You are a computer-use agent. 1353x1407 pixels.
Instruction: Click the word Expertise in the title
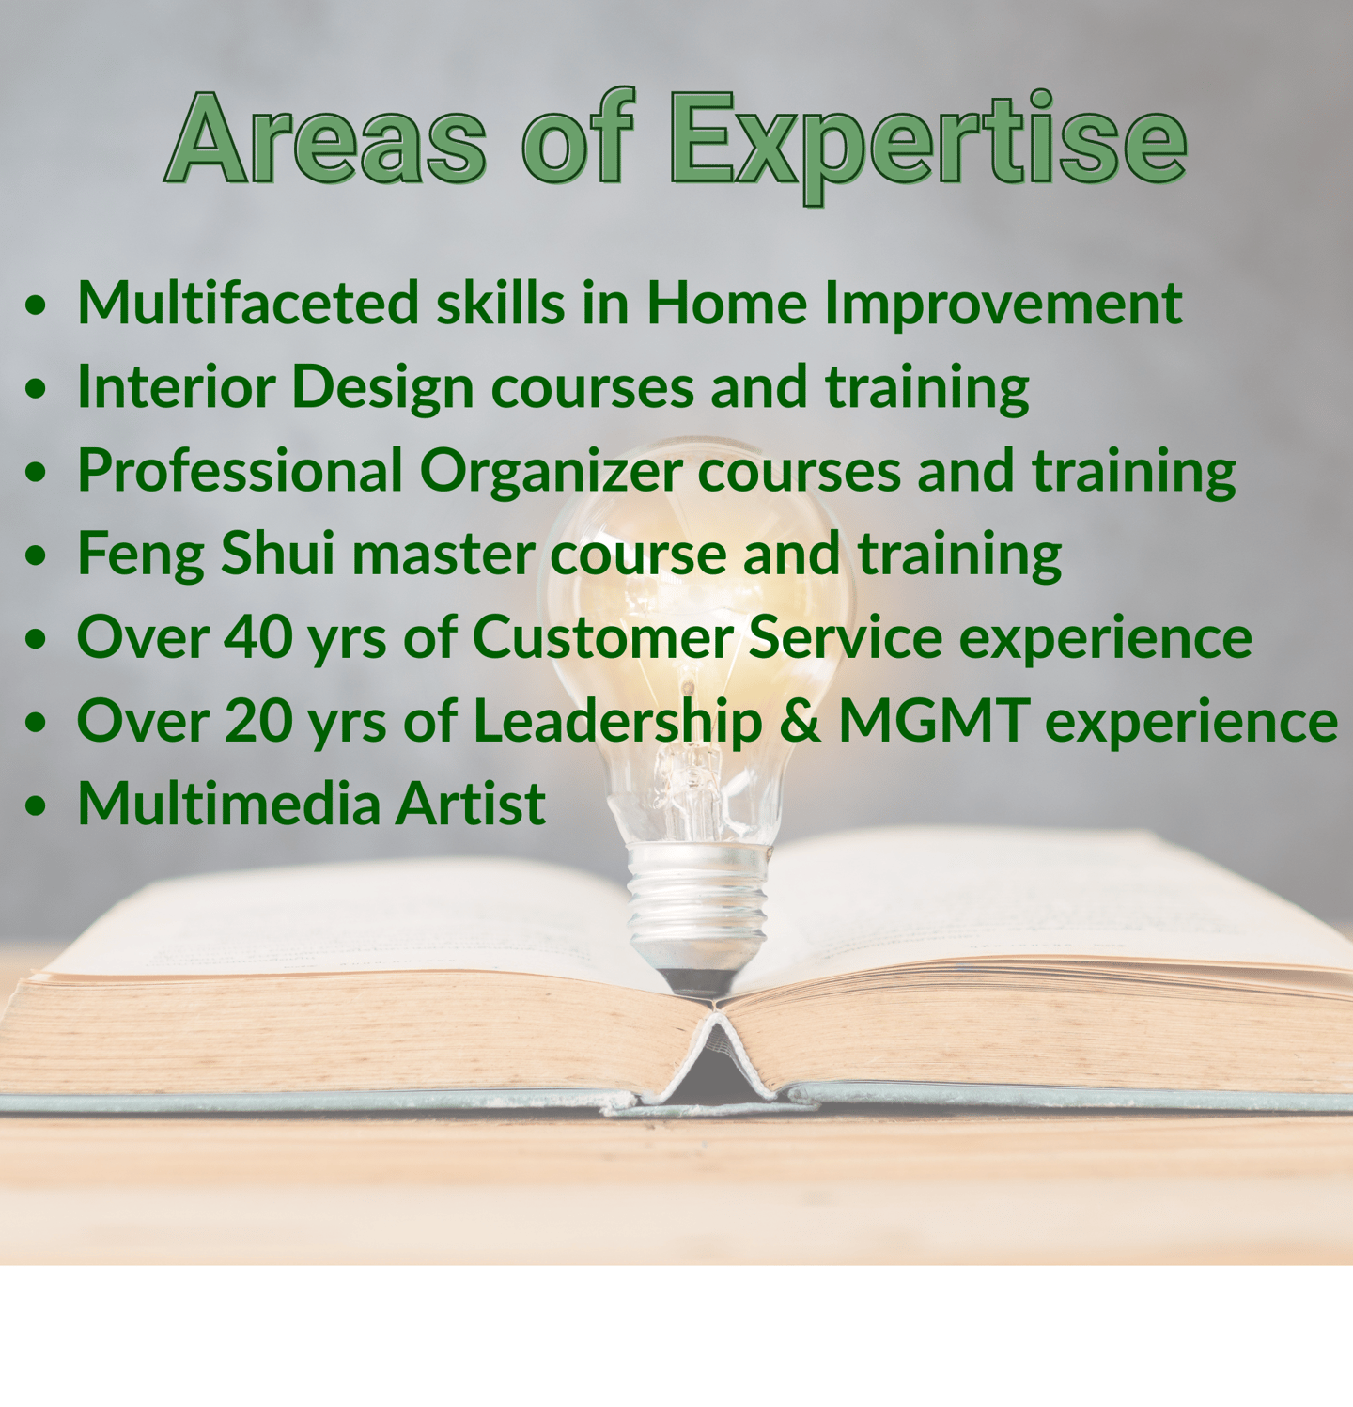point(928,146)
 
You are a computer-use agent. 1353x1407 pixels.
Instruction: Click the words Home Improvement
point(914,303)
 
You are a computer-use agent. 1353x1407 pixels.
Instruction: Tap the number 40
point(258,637)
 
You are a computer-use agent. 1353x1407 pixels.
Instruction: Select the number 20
point(258,721)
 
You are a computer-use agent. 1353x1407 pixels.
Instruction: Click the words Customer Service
point(708,637)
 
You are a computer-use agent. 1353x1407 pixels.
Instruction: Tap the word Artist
point(470,805)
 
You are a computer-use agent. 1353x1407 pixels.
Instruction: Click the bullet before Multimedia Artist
point(37,806)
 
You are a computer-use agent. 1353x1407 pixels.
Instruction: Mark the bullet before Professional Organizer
point(37,473)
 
